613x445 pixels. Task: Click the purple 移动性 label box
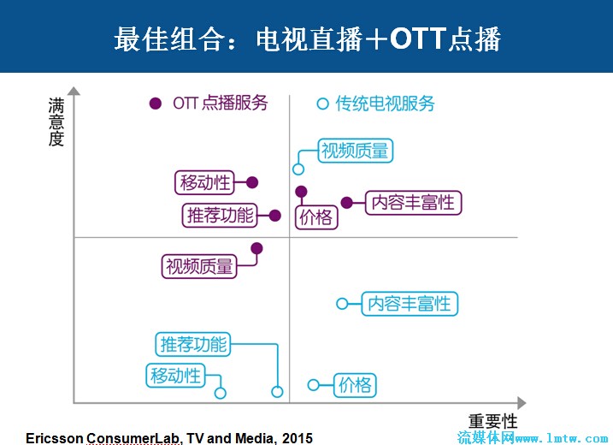click(x=204, y=182)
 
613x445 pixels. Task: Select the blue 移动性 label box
click(x=175, y=376)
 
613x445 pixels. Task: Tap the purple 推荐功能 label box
click(x=220, y=216)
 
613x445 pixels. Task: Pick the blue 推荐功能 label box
click(x=193, y=344)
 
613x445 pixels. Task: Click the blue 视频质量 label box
click(x=356, y=151)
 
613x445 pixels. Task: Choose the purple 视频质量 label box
click(x=199, y=266)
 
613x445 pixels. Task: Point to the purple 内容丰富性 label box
click(x=413, y=203)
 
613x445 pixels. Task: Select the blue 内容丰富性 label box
click(x=410, y=304)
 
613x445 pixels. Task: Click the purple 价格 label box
click(x=316, y=217)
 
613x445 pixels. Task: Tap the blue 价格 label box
click(x=355, y=385)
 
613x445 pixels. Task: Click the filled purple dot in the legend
click(x=156, y=104)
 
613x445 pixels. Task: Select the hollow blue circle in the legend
click(x=322, y=104)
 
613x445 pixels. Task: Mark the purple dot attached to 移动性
click(x=252, y=182)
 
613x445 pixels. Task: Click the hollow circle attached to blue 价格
click(x=314, y=385)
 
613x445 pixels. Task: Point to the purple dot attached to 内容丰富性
click(x=347, y=203)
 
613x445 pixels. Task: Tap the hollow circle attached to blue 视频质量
click(x=298, y=169)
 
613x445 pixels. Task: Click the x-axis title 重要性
click(x=493, y=422)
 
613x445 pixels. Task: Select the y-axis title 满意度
click(x=56, y=122)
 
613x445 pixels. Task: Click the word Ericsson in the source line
click(x=55, y=438)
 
